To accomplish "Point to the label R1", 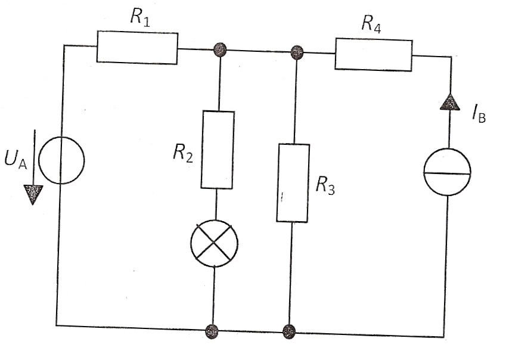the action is tap(140, 17).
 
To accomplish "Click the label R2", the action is tap(183, 153).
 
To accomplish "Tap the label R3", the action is tap(325, 185).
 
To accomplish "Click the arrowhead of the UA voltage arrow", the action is tap(33, 195).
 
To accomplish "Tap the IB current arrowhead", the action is tap(451, 102).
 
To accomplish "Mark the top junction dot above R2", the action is tap(220, 49).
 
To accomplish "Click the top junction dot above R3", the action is tap(297, 52).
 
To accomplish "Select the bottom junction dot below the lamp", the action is tap(212, 331).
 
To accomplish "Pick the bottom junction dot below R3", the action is tap(289, 331).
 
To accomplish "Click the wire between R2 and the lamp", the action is tap(216, 204).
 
